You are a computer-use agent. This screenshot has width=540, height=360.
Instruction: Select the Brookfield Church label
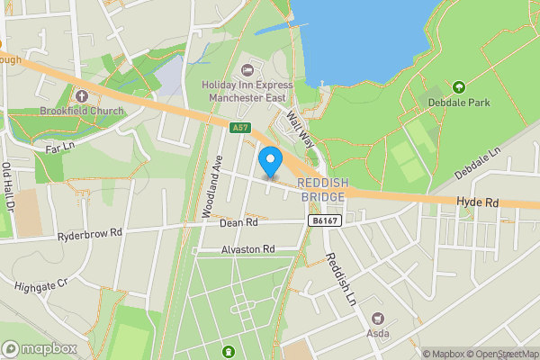[81, 112]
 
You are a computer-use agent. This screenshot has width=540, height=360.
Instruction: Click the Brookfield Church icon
[81, 95]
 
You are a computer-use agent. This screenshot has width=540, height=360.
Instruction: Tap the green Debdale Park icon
[459, 86]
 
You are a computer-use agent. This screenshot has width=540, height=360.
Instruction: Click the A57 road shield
[239, 128]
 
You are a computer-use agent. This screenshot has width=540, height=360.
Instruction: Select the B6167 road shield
[326, 220]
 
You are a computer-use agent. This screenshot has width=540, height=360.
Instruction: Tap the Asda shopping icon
[376, 318]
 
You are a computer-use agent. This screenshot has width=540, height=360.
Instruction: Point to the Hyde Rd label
[477, 204]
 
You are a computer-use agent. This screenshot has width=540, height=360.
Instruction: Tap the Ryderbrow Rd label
[89, 231]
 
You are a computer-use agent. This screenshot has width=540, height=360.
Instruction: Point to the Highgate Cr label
[41, 284]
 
